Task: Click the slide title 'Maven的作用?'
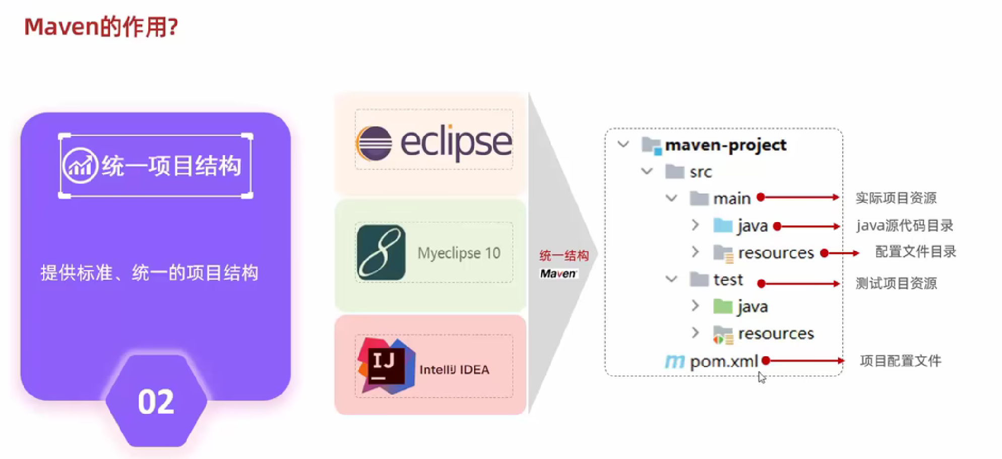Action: tap(101, 27)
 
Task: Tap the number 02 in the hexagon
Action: tap(156, 402)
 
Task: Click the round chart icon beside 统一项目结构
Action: tap(80, 166)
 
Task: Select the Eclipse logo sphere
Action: tap(374, 143)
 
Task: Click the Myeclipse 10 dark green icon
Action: tap(381, 252)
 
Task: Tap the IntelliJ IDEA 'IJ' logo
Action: tap(386, 366)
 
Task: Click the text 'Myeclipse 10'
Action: tap(459, 253)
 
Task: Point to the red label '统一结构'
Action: tap(563, 256)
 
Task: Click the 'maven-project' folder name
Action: tap(725, 145)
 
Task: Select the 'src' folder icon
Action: tap(674, 171)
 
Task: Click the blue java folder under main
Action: tap(723, 225)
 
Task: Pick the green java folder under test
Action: tap(723, 306)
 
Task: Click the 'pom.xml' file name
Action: tap(724, 361)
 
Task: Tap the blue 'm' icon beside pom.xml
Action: tap(674, 361)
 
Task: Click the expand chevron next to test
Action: tap(671, 279)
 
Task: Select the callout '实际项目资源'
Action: tap(896, 198)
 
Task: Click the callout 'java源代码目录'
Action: tap(905, 225)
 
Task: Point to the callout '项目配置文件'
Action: tap(900, 361)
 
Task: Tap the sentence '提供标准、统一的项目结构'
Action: tap(149, 273)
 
